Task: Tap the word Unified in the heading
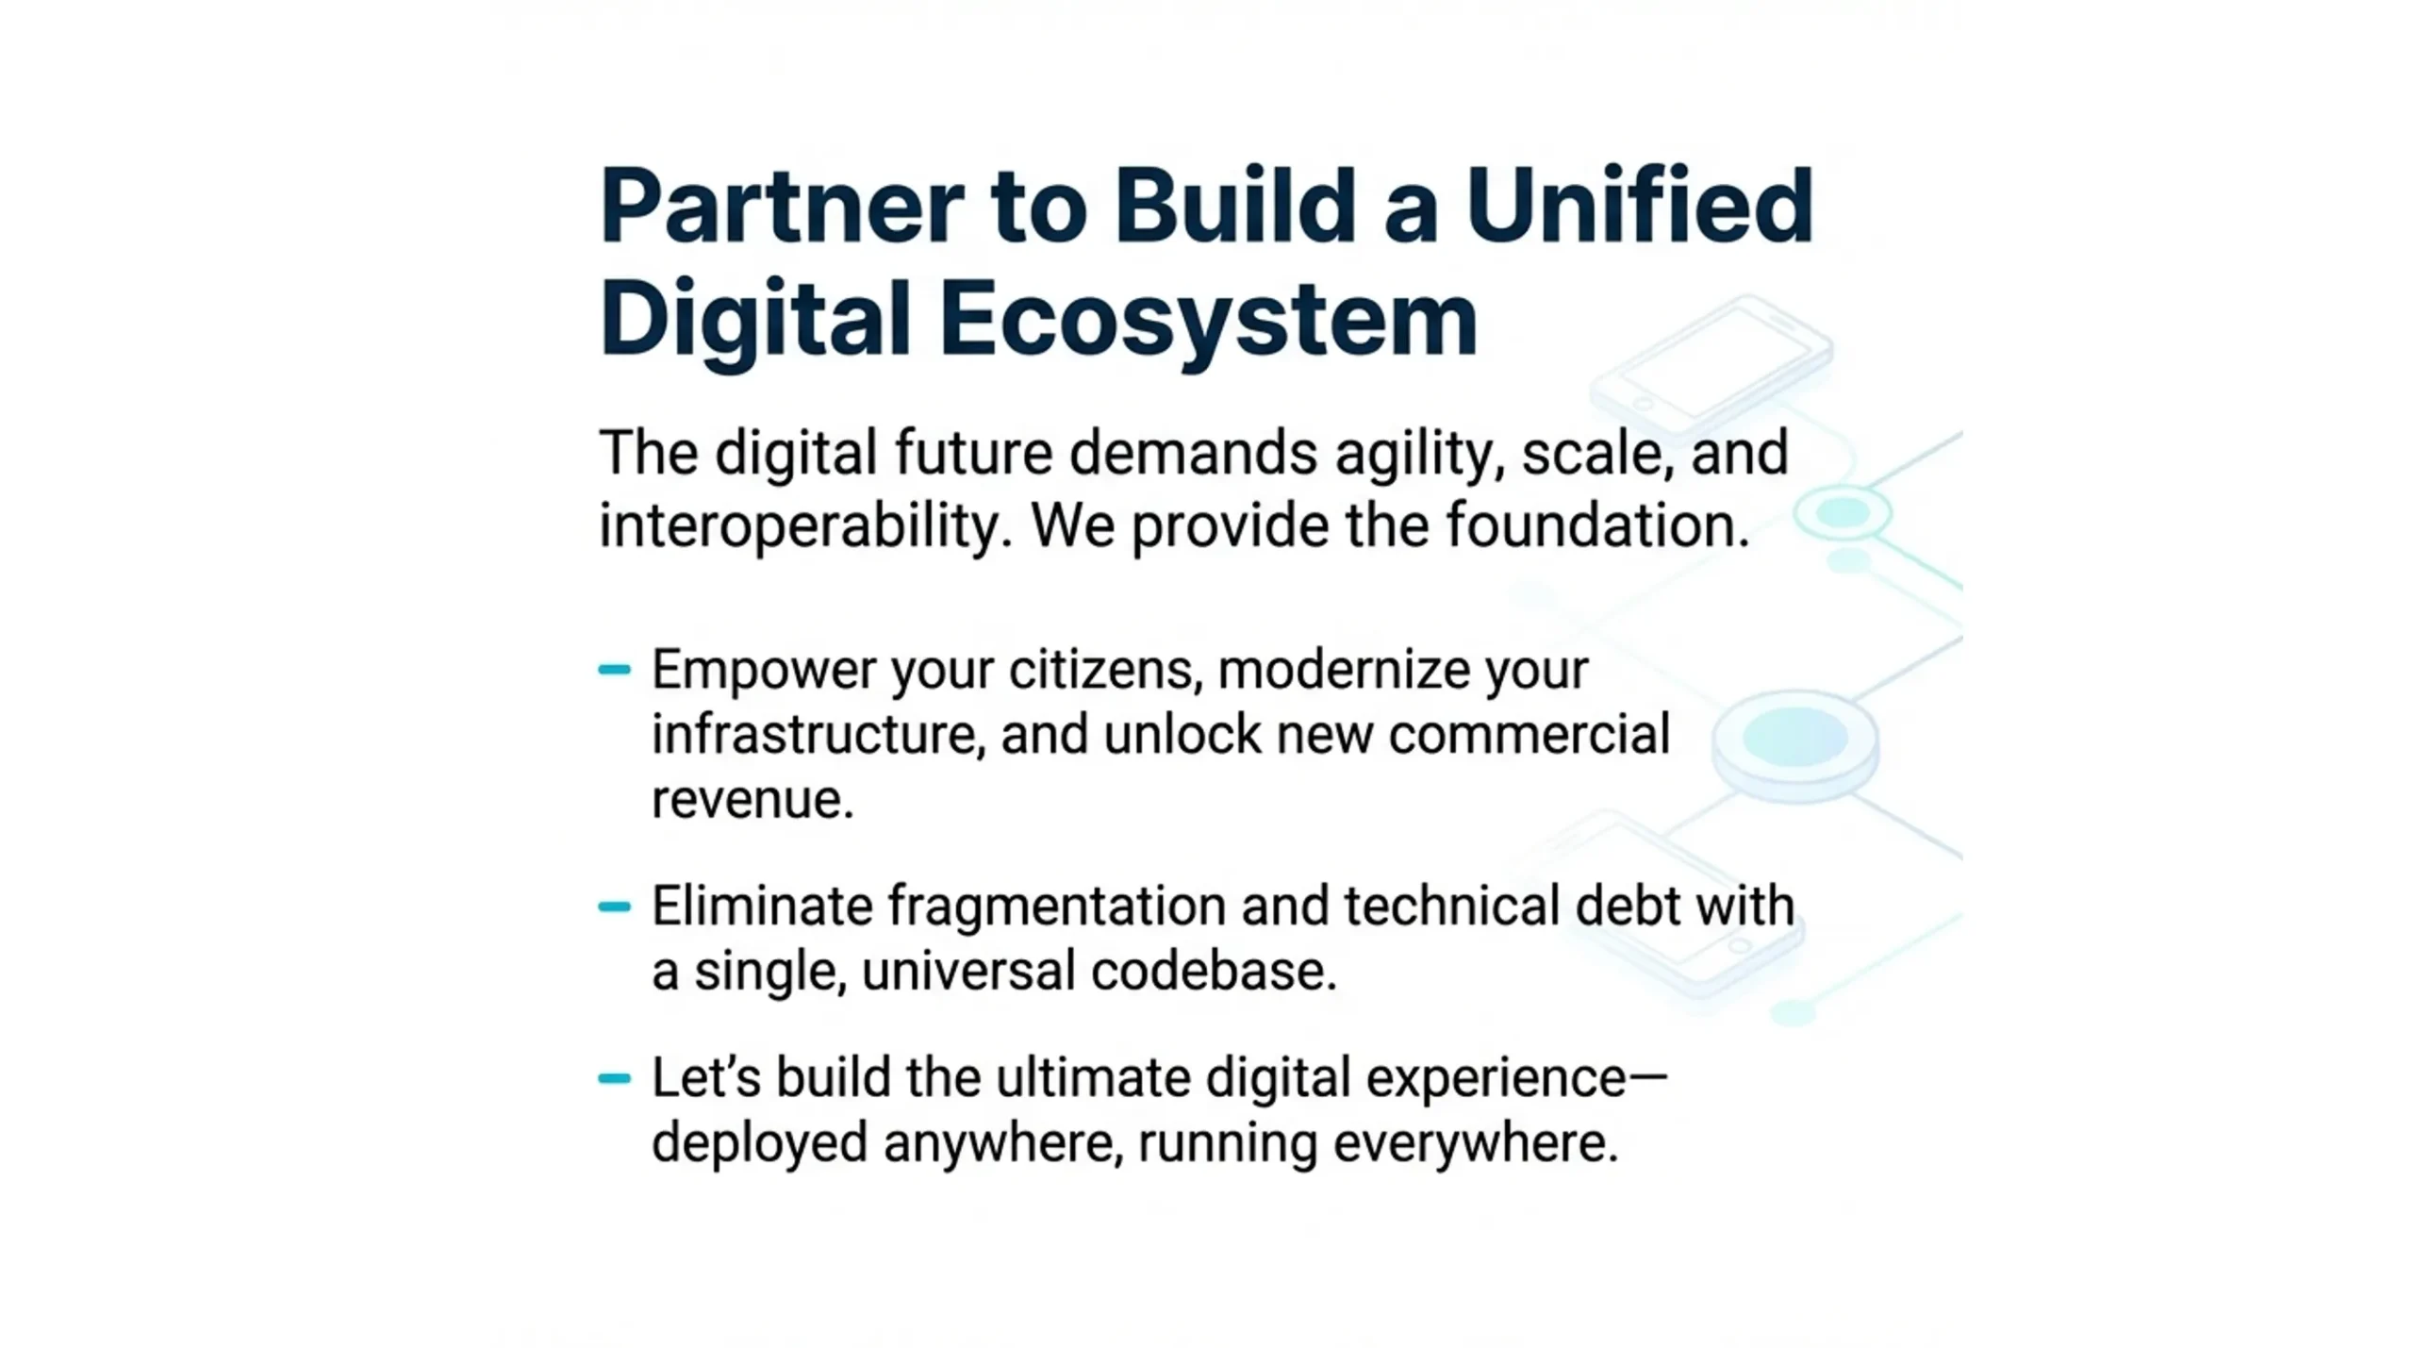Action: tap(1640, 206)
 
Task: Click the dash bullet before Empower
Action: tap(615, 670)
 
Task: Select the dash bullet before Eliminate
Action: tap(615, 907)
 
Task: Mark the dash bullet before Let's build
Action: tap(615, 1078)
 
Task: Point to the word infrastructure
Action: tap(818, 735)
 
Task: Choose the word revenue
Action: tap(752, 801)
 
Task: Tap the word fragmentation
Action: tap(1056, 907)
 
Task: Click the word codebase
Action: tap(1214, 971)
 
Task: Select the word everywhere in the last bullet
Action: tap(1476, 1144)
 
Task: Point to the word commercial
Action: tap(1529, 735)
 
